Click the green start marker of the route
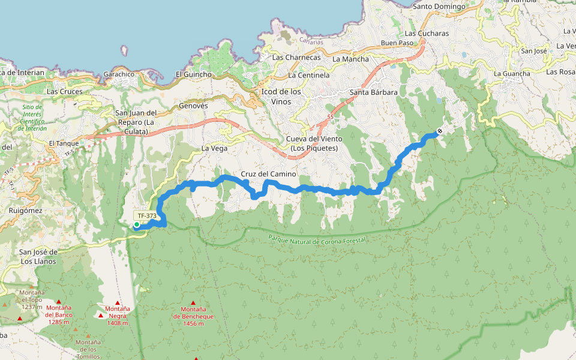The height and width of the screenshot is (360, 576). click(137, 225)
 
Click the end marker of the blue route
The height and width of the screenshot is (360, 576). click(440, 131)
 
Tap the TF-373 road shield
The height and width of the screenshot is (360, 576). click(147, 215)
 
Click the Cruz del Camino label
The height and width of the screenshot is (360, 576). click(268, 174)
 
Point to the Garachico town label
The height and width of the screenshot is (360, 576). click(119, 74)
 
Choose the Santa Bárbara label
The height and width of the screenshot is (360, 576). click(374, 92)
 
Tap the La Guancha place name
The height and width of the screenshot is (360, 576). click(512, 73)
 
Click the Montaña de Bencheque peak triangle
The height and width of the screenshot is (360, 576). click(193, 303)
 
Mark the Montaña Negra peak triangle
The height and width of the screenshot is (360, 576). click(118, 303)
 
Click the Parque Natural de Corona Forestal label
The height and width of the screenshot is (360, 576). click(317, 239)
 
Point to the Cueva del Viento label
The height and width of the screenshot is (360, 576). click(314, 144)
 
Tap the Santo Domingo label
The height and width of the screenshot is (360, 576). click(439, 7)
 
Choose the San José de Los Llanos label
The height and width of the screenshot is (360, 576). click(37, 256)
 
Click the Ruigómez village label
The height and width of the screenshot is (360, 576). click(26, 211)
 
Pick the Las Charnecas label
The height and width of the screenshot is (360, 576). click(295, 58)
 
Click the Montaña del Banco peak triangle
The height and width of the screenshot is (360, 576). click(59, 302)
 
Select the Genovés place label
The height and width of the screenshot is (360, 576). click(193, 106)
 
